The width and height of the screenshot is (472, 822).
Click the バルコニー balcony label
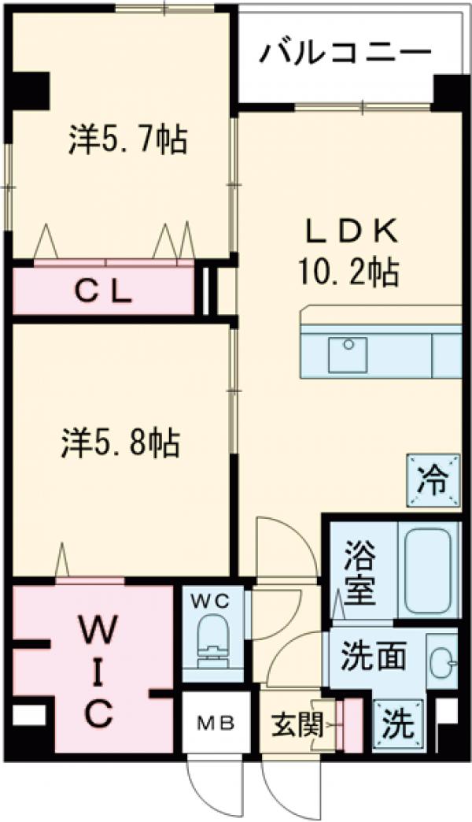347,55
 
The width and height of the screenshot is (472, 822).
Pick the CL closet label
103,291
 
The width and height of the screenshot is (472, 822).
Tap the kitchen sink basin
347,355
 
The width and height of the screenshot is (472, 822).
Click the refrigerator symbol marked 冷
433,478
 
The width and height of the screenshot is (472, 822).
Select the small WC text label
212,602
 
